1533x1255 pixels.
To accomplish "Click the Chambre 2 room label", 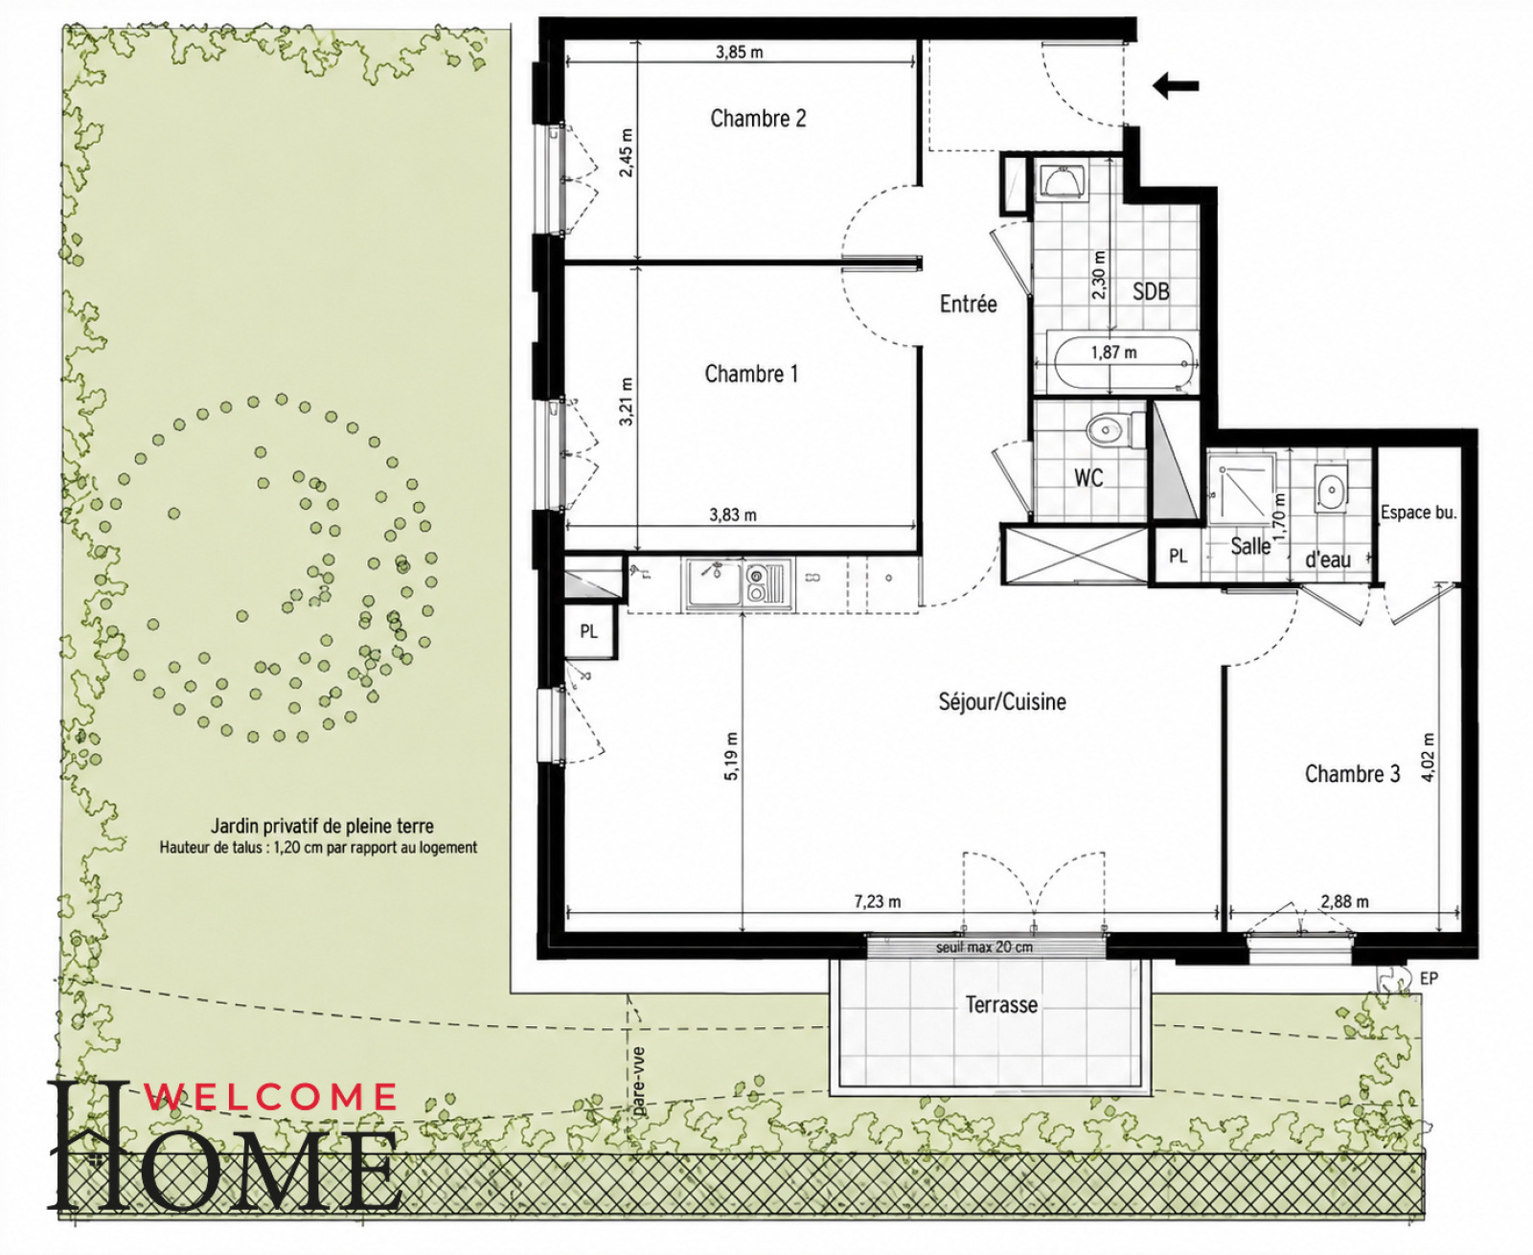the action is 758,119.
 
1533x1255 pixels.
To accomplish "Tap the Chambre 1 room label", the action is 751,375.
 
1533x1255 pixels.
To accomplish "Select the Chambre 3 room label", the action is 1352,774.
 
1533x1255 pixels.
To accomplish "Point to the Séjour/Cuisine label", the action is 1002,702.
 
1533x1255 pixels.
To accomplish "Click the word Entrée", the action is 969,304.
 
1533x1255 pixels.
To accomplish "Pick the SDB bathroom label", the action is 1152,292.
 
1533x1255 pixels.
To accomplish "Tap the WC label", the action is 1088,477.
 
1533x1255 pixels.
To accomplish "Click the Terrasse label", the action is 1001,1005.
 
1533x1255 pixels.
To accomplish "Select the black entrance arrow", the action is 1176,86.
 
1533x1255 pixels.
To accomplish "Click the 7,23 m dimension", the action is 878,901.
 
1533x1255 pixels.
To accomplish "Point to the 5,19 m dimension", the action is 731,757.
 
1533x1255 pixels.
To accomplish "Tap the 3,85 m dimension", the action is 740,53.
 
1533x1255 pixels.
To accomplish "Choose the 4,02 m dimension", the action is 1430,757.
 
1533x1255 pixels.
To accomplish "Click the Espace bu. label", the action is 1419,513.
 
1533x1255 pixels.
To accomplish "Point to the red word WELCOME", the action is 271,1097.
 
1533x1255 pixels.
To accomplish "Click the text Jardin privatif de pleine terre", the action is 322,826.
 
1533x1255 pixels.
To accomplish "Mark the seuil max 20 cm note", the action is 984,947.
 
